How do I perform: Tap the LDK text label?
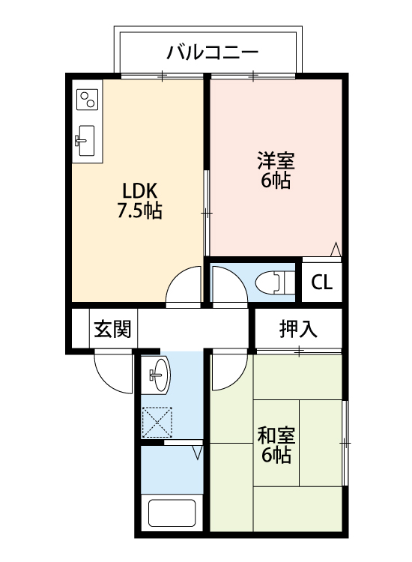point(139,190)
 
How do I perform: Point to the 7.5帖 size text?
point(139,211)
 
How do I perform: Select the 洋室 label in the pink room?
point(276,161)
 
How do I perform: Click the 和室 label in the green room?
point(276,435)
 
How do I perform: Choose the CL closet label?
point(322,282)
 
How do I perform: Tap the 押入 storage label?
point(299,327)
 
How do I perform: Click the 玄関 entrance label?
point(113,328)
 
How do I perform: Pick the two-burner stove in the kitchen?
point(88,100)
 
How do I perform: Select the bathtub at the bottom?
point(172,513)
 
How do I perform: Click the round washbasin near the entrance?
point(158,372)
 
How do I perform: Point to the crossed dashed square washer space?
point(157,422)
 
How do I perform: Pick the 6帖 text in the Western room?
point(276,181)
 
